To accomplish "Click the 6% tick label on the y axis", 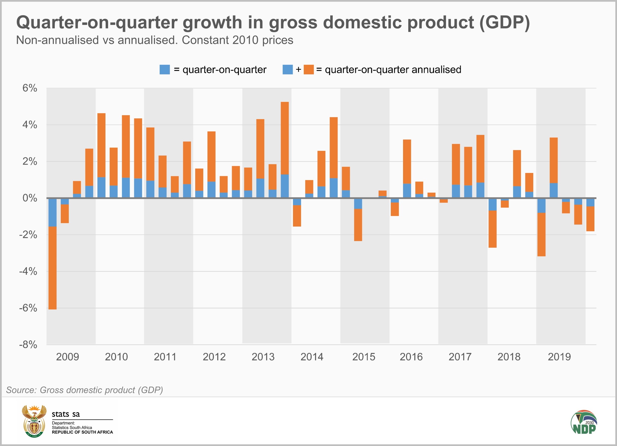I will coord(30,88).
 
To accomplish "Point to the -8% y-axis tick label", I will coord(28,345).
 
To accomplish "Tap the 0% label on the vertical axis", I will coord(30,198).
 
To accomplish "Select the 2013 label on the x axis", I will coord(263,357).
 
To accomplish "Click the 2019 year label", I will coord(559,357).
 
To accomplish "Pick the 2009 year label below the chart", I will coord(67,357).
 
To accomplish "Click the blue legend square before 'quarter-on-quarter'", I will coord(165,69).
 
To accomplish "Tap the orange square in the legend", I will coord(308,69).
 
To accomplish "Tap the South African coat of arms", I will coord(34,421).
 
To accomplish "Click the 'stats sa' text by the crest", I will coord(66,414).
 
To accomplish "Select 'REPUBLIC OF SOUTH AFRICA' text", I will coord(82,432).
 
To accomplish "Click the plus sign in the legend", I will coord(298,69).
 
